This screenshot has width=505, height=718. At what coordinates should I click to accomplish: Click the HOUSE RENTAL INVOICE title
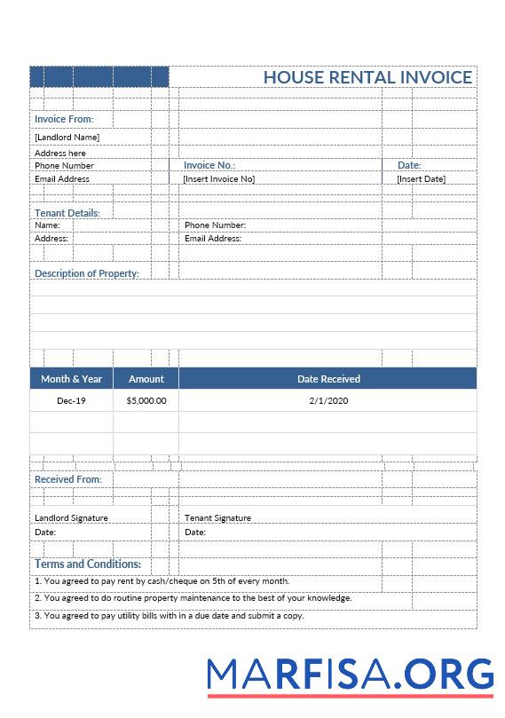point(367,77)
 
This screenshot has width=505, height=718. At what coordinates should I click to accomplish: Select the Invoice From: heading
point(64,119)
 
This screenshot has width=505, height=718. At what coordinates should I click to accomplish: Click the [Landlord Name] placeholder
point(67,138)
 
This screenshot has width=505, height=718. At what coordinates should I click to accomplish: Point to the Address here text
point(60,154)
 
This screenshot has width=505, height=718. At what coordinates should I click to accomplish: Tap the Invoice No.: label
point(209,165)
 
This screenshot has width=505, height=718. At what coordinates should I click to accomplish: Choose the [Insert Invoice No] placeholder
point(218,179)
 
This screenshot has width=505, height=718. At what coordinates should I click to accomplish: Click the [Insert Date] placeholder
point(421,179)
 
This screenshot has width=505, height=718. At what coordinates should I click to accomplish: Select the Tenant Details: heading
point(67,213)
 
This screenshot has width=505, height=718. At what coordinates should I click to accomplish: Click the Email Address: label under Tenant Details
point(213,239)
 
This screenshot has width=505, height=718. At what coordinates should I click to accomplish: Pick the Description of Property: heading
point(87,273)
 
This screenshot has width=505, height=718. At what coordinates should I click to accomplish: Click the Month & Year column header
point(71,379)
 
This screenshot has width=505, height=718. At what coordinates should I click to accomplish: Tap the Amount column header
point(146,379)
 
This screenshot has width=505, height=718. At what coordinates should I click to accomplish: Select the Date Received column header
point(328,379)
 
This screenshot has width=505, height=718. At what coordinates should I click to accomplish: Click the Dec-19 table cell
point(71,401)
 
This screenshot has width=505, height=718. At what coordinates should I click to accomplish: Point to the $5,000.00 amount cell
point(146,401)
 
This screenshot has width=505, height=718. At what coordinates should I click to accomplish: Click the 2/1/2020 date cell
point(328,401)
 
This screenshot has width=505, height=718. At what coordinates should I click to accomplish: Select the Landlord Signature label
point(71,518)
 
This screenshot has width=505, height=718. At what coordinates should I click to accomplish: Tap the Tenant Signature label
point(217,518)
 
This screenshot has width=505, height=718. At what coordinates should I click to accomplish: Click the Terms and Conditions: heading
point(88,564)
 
